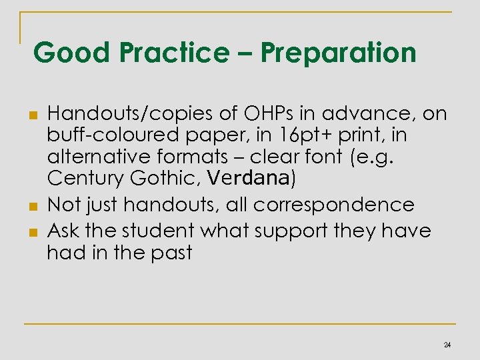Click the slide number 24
tap(447, 345)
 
